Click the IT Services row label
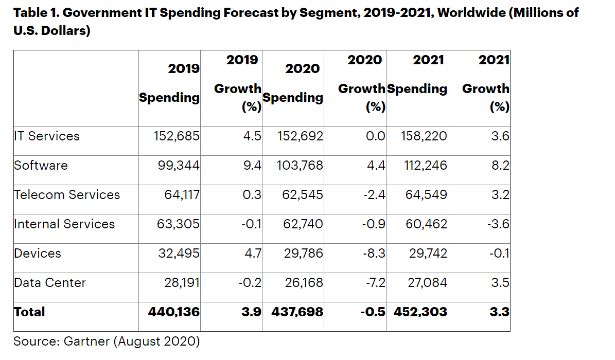[x=47, y=136]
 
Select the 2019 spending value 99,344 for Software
[x=177, y=166]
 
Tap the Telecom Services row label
[x=67, y=195]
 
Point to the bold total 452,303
[x=420, y=312]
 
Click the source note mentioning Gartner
[x=106, y=341]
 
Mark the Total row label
[x=29, y=312]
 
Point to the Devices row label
[x=38, y=254]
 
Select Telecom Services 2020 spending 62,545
[x=303, y=195]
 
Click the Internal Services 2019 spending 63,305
[x=177, y=224]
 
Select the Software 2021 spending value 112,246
[x=424, y=166]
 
